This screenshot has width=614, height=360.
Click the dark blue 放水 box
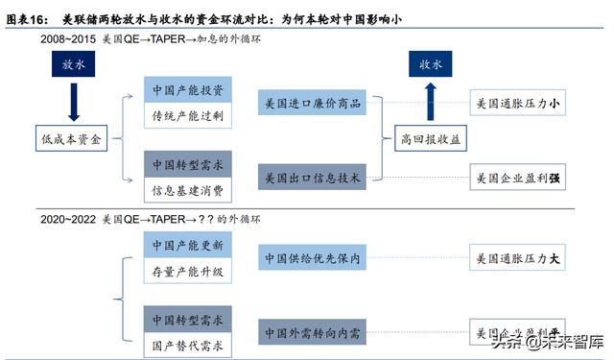coord(73,66)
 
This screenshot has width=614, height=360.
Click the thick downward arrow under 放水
coord(73,101)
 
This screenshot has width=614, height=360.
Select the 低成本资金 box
coord(73,138)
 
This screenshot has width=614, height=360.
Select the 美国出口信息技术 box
coord(314,179)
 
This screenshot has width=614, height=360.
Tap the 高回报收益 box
coord(431,138)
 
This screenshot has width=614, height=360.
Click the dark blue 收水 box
coord(431,66)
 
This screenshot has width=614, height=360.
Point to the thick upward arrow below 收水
coord(431,101)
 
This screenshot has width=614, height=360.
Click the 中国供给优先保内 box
coord(314,258)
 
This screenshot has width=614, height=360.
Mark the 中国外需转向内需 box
coord(314,334)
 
